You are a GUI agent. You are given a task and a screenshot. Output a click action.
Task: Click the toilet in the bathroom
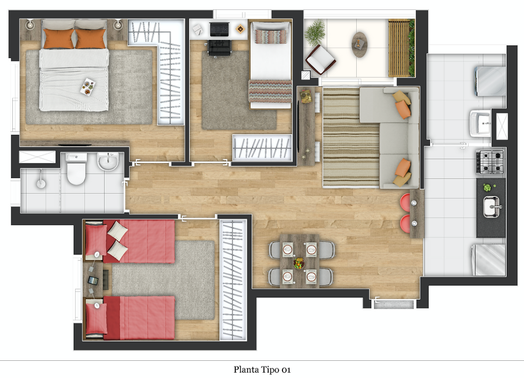pyautogui.click(x=76, y=169)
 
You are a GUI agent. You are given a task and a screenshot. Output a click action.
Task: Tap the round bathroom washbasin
pyautogui.click(x=108, y=161)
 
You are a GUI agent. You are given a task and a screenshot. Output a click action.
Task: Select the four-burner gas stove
pyautogui.click(x=490, y=162)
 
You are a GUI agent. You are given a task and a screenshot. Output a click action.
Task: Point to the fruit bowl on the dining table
pyautogui.click(x=299, y=263)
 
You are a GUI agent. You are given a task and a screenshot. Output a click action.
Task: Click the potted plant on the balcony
pyautogui.click(x=315, y=32)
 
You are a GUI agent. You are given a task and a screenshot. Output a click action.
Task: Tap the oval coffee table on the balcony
pyautogui.click(x=359, y=44)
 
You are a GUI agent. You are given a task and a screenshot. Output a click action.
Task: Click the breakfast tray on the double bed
pyautogui.click(x=88, y=87)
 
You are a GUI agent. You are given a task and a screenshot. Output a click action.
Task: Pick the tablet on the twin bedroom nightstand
pyautogui.click(x=92, y=281)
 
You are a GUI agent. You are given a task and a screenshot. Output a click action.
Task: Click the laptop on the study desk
pyautogui.click(x=219, y=29)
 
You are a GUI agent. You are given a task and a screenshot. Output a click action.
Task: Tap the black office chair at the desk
pyautogui.click(x=219, y=47)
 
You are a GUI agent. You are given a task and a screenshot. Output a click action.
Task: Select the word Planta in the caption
pyautogui.click(x=246, y=370)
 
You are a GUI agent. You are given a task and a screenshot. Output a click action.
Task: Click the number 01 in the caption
pyautogui.click(x=286, y=370)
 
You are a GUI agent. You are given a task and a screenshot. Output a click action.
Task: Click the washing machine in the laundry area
pyautogui.click(x=490, y=81)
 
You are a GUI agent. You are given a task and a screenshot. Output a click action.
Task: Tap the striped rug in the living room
pyautogui.click(x=351, y=137)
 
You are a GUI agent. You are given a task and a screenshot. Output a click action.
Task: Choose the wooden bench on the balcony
pyautogui.click(x=399, y=48)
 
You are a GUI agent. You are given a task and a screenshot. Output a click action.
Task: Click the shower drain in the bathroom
pyautogui.click(x=41, y=183)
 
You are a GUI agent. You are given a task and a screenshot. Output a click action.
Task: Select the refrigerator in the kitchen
pyautogui.click(x=489, y=260)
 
